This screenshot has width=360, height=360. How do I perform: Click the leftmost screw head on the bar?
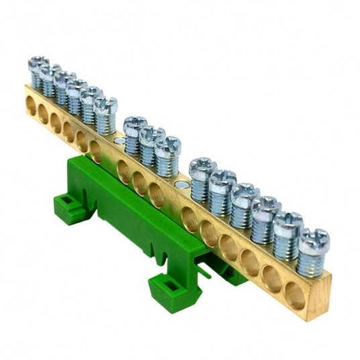36,64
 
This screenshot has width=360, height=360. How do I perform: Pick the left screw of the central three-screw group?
135,126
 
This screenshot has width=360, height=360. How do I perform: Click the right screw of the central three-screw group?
168,145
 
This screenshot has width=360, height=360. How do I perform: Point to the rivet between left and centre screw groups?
119,140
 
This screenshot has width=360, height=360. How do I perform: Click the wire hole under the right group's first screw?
191,218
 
